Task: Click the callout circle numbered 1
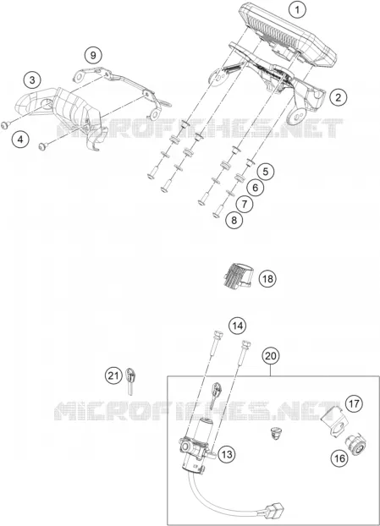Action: tap(297, 10)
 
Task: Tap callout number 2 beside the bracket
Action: tap(338, 97)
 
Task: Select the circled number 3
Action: tap(32, 79)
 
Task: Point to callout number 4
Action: tap(21, 139)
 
